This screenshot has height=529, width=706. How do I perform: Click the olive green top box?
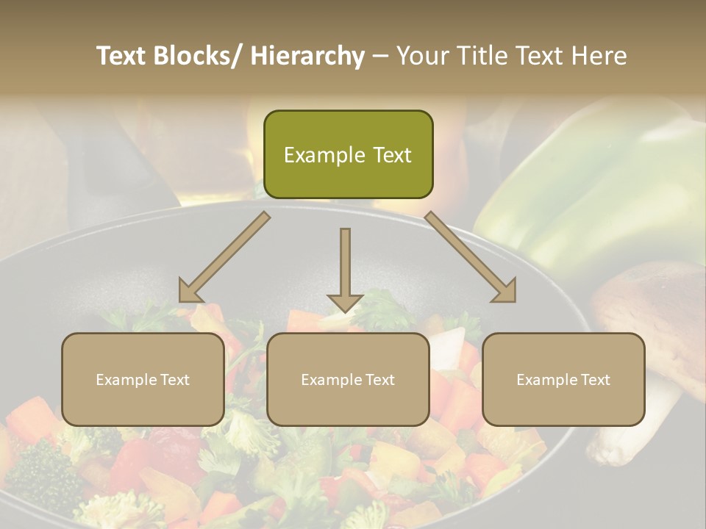[348, 154]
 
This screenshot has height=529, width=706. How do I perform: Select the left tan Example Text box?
[143, 379]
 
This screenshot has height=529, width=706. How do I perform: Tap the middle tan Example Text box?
[348, 379]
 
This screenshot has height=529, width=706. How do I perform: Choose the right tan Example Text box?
[563, 379]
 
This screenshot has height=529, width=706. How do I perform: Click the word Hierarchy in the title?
[307, 56]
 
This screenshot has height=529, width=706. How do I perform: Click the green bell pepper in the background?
[588, 191]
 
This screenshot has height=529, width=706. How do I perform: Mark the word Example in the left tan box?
[126, 380]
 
